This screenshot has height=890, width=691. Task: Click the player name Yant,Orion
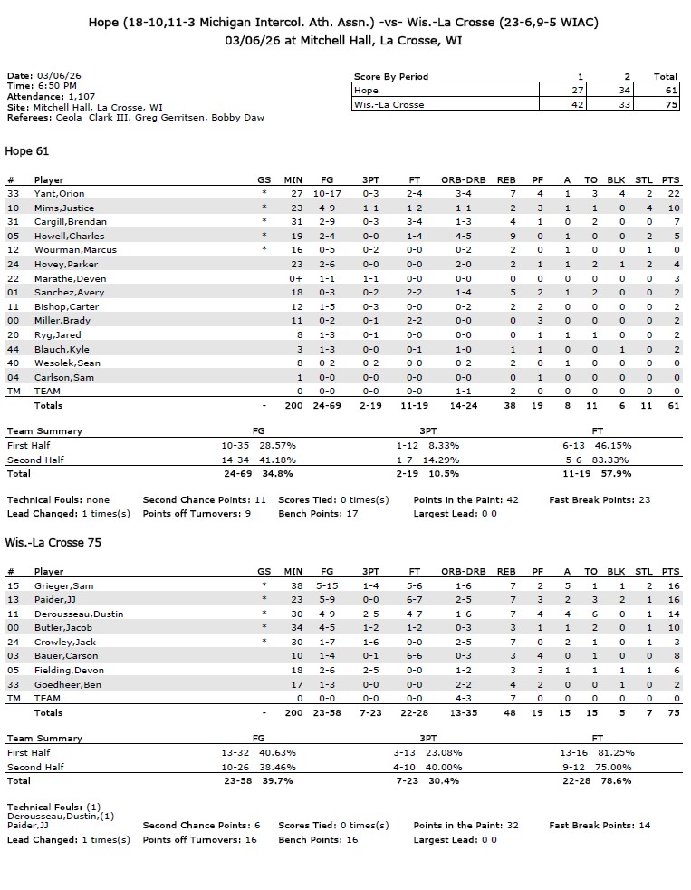coord(59,193)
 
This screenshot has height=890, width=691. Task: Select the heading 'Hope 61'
coord(26,150)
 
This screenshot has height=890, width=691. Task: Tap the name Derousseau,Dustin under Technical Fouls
coord(53,816)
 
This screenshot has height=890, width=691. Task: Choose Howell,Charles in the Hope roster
coord(69,236)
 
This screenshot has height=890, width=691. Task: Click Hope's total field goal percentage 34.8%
coord(276,473)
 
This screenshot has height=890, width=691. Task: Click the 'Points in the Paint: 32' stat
coord(466,825)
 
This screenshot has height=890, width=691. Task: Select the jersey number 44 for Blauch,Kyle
coord(12,349)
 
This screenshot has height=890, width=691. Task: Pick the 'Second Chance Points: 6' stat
coord(201,825)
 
